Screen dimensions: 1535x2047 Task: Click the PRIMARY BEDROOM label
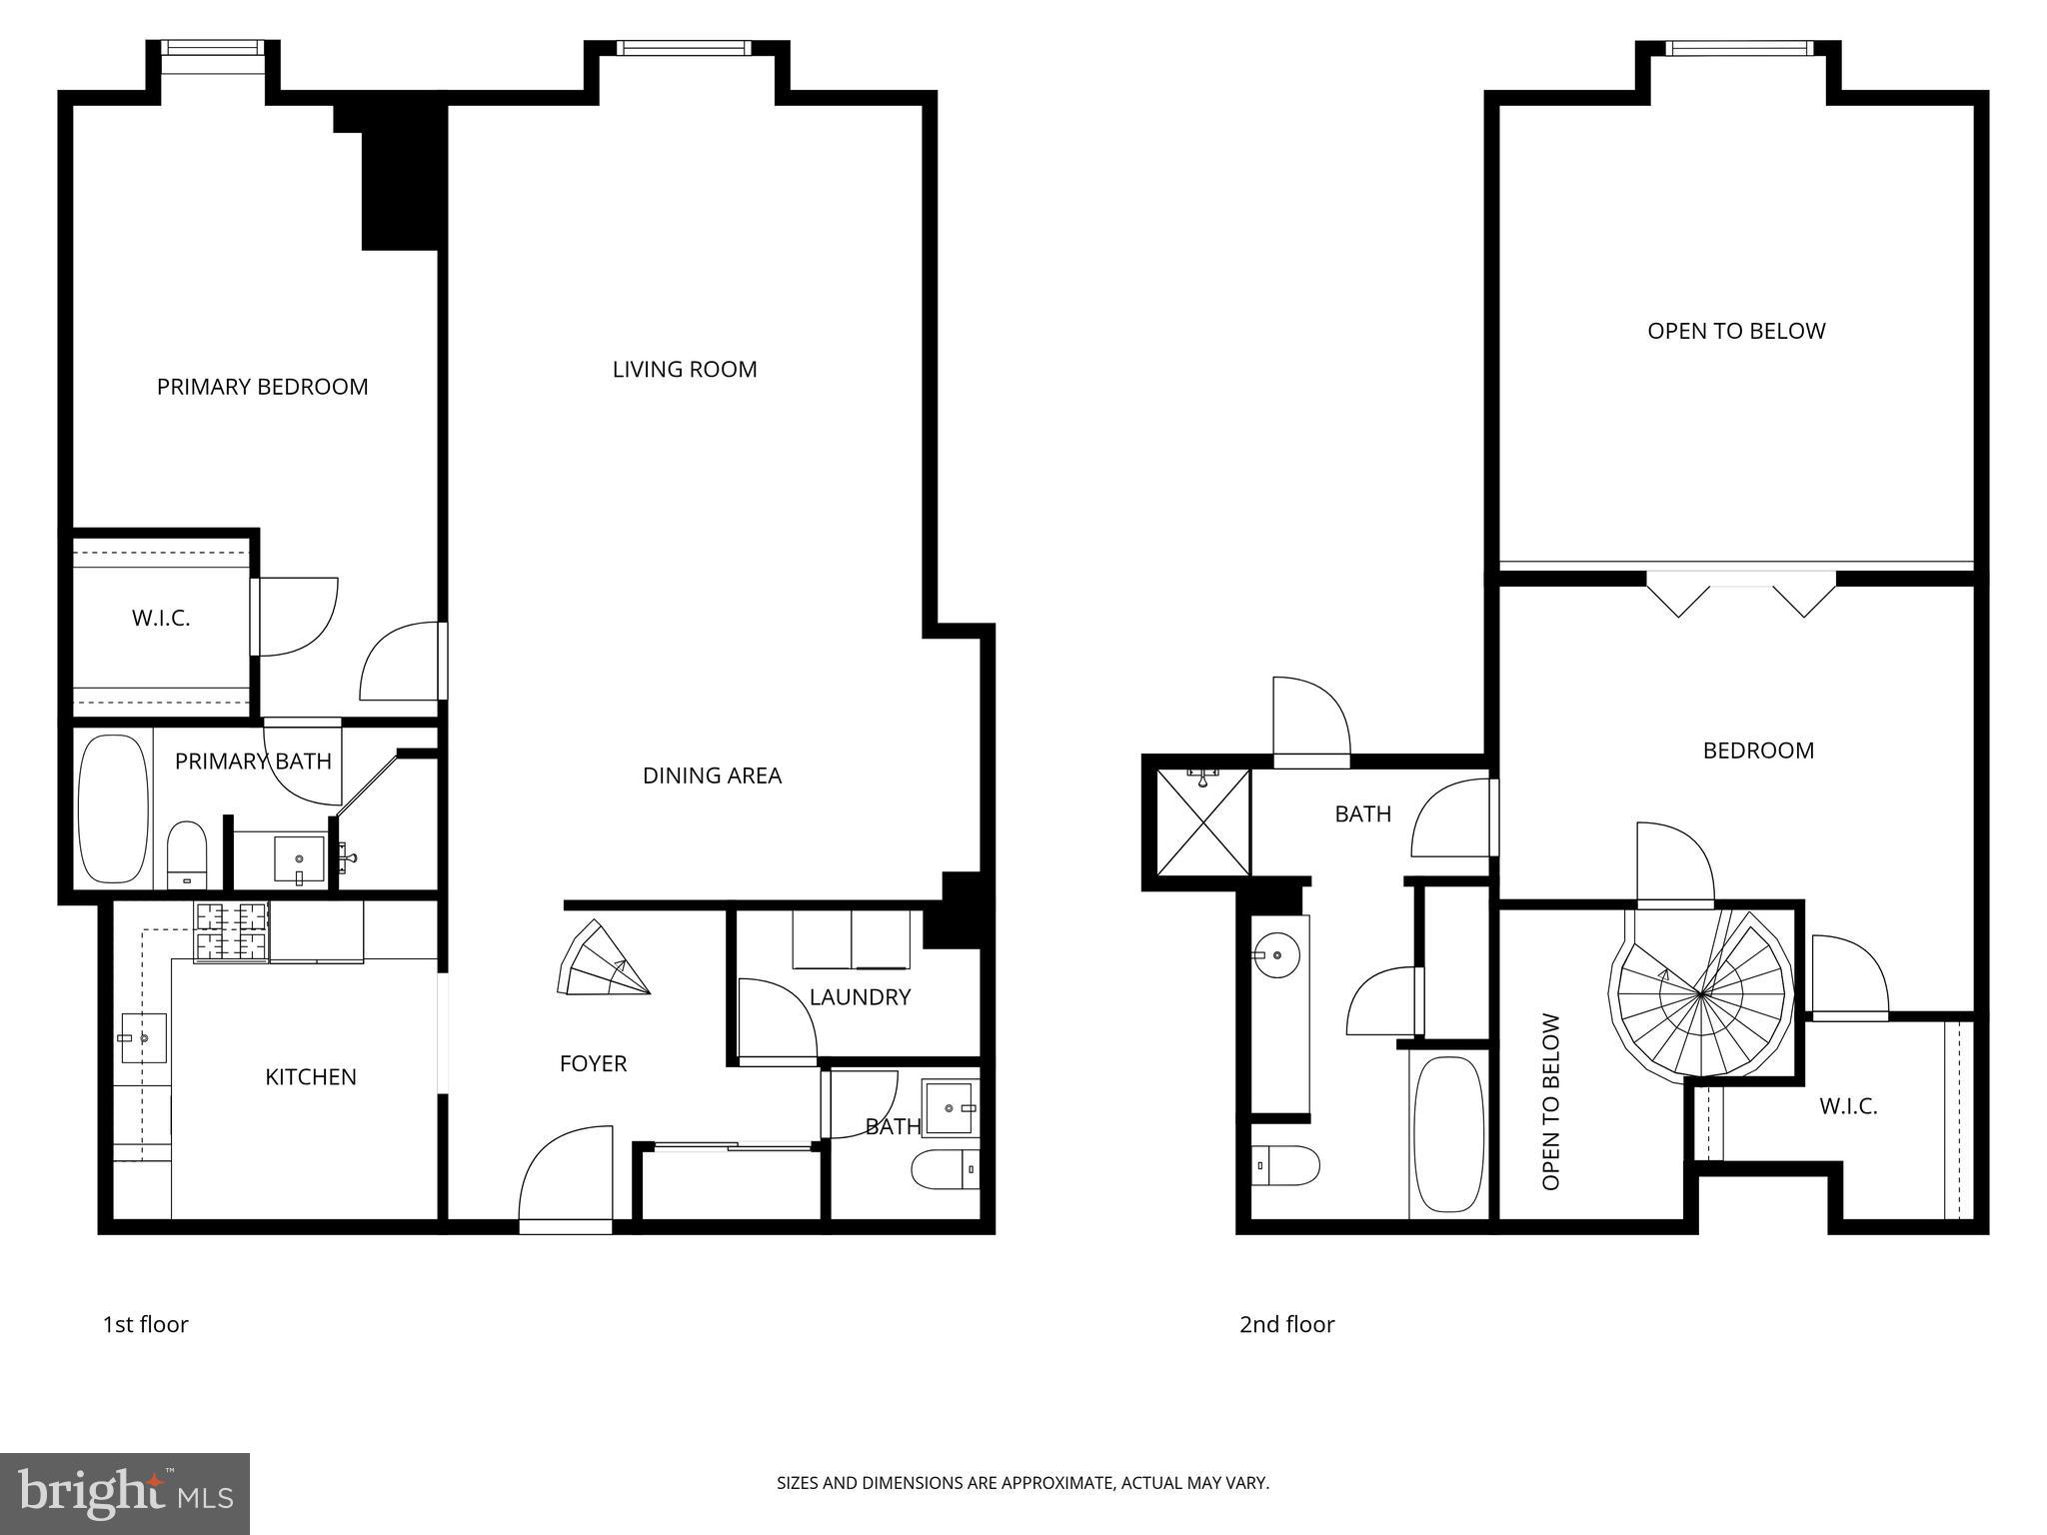coord(262,387)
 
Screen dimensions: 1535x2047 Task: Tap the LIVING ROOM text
coord(685,370)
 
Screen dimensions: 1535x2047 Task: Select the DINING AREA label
coord(712,775)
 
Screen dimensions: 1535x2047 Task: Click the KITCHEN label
coord(310,1076)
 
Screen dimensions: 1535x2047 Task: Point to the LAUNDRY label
coord(860,996)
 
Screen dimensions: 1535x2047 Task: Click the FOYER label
coord(593,1063)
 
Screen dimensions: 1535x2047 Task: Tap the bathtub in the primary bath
coord(113,809)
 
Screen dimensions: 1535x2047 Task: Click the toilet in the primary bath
coord(186,854)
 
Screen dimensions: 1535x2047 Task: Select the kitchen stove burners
coord(232,932)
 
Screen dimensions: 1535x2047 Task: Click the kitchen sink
coord(143,1038)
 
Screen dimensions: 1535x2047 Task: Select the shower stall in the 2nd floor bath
coord(1202,821)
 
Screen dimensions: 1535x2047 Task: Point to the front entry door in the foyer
coord(566,1179)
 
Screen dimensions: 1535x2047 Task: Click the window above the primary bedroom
coord(213,48)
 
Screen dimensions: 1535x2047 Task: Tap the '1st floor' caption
coord(145,1324)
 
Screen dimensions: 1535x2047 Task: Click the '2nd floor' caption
coord(1286,1324)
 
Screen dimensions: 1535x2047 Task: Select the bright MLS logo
coord(125,1493)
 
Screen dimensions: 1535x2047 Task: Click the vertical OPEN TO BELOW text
coord(1550,1102)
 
